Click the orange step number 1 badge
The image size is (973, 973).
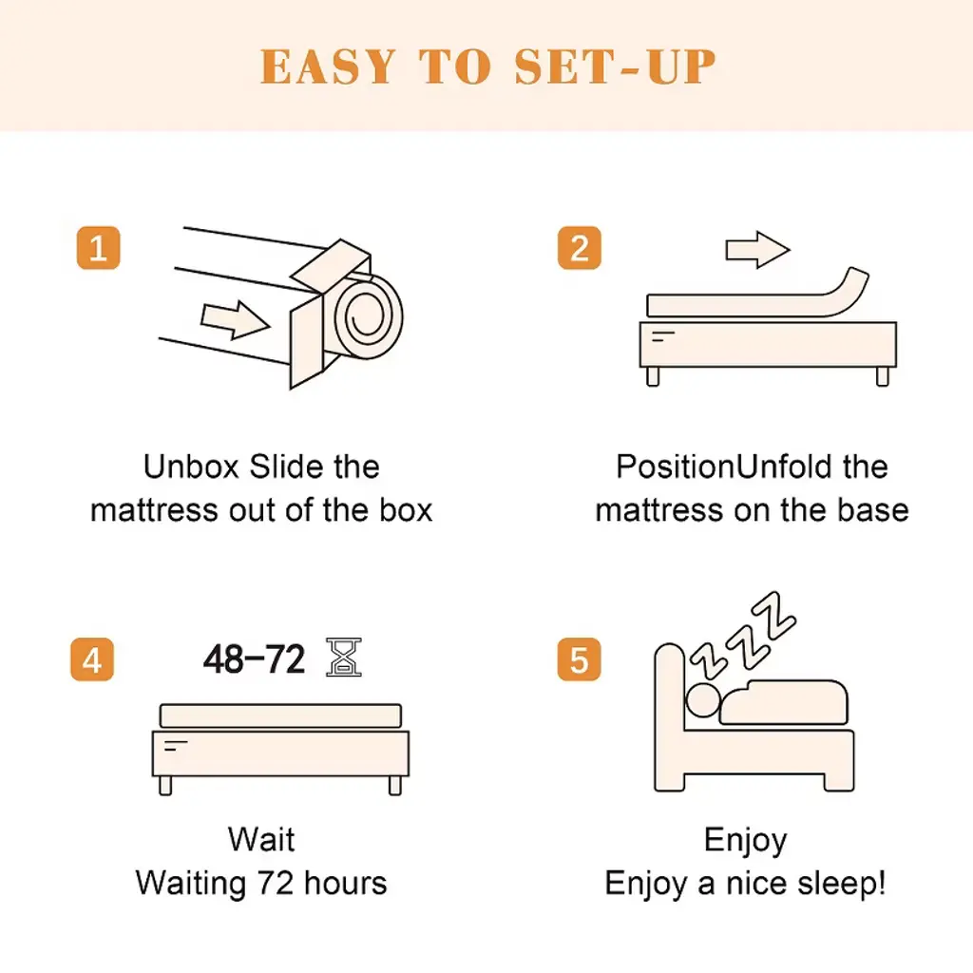tap(98, 248)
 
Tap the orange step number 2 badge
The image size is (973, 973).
tap(579, 248)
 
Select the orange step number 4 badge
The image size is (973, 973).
tap(92, 659)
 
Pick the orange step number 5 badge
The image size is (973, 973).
tap(579, 659)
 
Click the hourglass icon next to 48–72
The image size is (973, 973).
tap(344, 657)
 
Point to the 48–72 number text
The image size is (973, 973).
tap(255, 659)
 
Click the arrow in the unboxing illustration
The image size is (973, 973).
tap(236, 319)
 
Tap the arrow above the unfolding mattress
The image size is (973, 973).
tap(757, 250)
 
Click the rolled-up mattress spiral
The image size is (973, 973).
tap(369, 316)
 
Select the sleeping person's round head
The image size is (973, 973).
tap(703, 700)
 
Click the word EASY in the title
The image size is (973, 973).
tap(328, 67)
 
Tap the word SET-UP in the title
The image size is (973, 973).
tap(615, 67)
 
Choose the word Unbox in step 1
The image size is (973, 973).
tap(191, 467)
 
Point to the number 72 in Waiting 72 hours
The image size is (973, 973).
tap(276, 883)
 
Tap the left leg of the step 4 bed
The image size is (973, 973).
tap(165, 786)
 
